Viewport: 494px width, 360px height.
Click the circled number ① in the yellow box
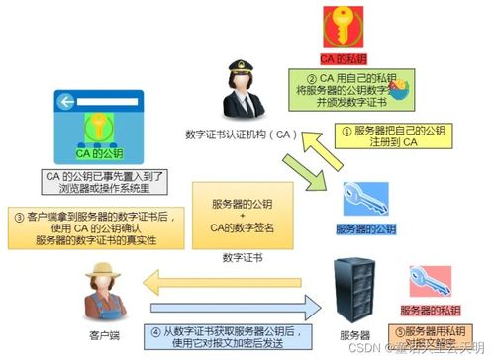334,129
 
